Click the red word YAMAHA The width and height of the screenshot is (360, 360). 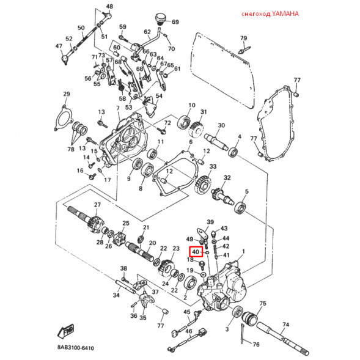282,14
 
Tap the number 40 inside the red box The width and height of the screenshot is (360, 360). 196,252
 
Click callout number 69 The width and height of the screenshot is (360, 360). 175,22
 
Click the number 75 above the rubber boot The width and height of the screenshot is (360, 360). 262,303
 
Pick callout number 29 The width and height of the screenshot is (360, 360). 67,94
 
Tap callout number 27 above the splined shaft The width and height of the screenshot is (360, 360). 97,204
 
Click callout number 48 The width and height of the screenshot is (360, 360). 109,7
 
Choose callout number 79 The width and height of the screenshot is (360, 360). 244,39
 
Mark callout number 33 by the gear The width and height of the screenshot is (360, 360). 213,166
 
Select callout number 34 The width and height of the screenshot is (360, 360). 116,295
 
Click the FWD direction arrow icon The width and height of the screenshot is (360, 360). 65,331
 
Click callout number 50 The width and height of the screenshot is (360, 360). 81,28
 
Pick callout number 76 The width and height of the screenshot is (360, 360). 256,345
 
